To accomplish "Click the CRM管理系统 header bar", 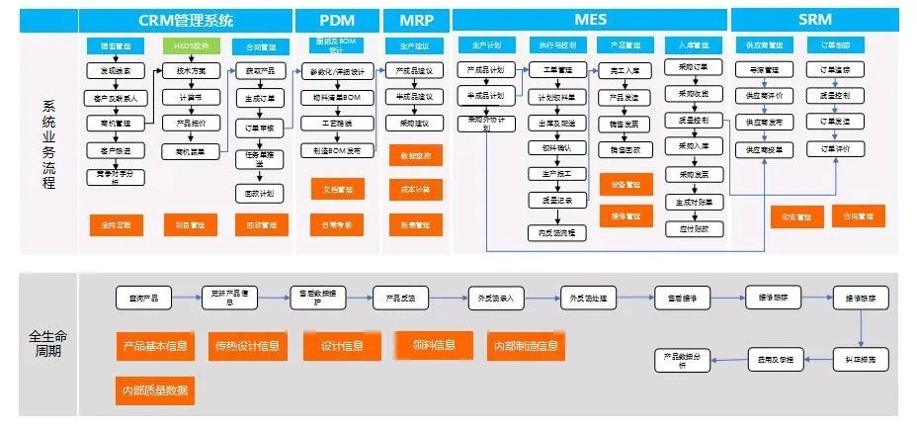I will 186,19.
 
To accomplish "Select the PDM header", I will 336,19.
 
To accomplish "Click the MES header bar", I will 590,19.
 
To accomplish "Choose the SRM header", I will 816,19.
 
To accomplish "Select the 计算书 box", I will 189,97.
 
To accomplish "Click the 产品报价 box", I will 189,124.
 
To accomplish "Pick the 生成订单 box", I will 260,97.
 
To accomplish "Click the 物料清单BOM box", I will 337,97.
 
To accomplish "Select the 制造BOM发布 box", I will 337,150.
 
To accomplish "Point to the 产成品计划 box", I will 486,71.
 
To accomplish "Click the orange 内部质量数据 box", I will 153,390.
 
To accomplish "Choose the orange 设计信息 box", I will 341,346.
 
